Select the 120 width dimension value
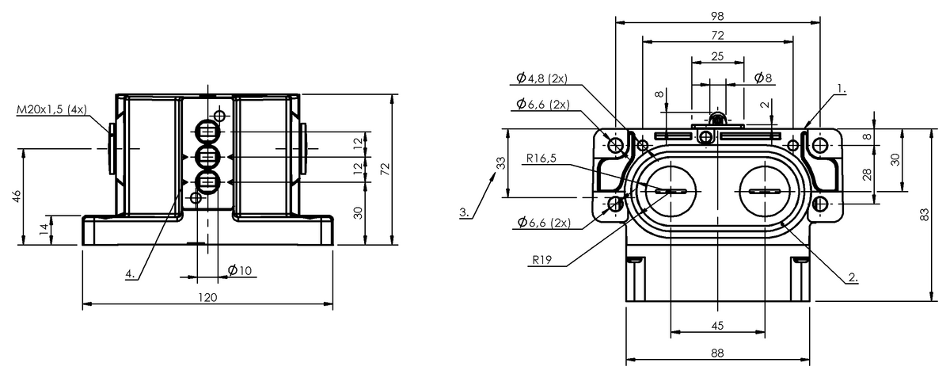[x=207, y=297]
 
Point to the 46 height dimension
[x=17, y=197]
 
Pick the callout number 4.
[x=129, y=274]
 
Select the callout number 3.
[x=465, y=212]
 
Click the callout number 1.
[x=841, y=90]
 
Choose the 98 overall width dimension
[x=717, y=15]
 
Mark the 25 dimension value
[x=717, y=56]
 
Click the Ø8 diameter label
[x=762, y=78]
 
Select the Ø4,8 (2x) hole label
[x=545, y=78]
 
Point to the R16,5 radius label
[x=541, y=158]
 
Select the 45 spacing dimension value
[x=717, y=325]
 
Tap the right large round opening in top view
[x=764, y=192]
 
